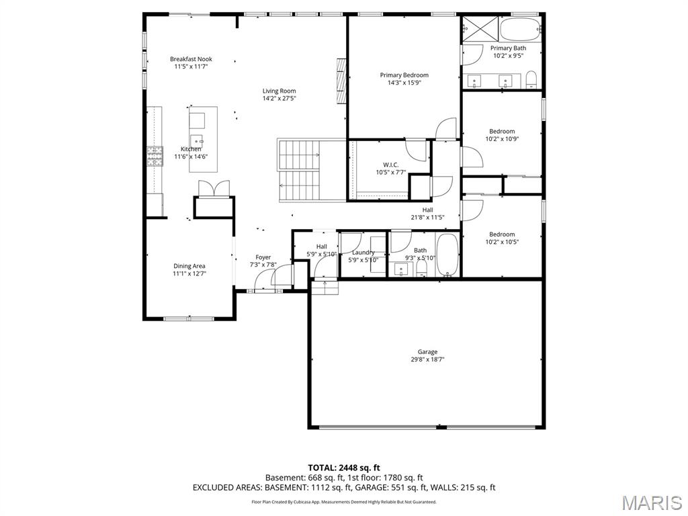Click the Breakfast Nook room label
click(x=191, y=59)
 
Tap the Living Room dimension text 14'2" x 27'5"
click(x=279, y=99)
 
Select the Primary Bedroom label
click(x=404, y=75)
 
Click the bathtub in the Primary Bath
click(x=521, y=29)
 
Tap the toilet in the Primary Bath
click(x=531, y=80)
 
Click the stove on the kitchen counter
click(x=155, y=157)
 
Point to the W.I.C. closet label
click(x=390, y=165)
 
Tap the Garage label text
click(x=427, y=351)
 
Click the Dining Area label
click(x=189, y=266)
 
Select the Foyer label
click(x=263, y=257)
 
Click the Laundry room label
click(x=363, y=253)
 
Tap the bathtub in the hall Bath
click(x=447, y=255)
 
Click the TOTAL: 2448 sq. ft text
click(x=344, y=468)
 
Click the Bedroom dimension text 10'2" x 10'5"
click(x=502, y=242)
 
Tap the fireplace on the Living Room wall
click(x=341, y=81)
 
